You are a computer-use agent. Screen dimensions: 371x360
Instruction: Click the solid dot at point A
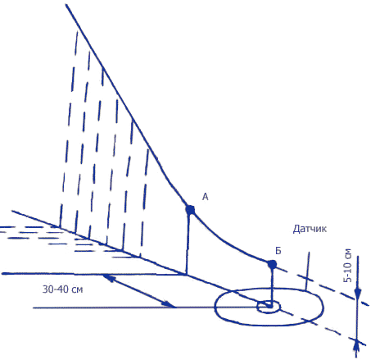pos(190,210)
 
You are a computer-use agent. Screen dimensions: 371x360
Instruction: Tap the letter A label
pos(206,197)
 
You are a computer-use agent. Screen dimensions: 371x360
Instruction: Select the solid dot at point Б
pos(272,264)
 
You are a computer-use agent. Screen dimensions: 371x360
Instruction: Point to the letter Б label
pos(278,251)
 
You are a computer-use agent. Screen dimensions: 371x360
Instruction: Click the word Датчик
pos(310,229)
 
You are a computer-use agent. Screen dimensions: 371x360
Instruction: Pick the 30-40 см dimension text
pos(62,289)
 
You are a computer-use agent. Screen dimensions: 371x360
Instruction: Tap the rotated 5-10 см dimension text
pos(347,266)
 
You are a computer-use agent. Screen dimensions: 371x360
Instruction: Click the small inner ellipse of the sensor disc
pos(269,307)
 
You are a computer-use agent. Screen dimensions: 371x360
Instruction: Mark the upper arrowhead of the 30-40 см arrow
pos(108,278)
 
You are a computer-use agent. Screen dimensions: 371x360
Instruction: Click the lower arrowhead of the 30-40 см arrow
pos(170,304)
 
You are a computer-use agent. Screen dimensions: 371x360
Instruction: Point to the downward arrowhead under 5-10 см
pos(357,294)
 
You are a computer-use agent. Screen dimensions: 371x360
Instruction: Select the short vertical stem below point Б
pos(272,285)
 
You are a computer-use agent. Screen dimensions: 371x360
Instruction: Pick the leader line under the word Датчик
pos(308,271)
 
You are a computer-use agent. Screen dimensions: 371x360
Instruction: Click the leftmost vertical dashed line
pos(68,129)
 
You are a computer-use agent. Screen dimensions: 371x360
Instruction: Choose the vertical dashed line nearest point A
pos(145,203)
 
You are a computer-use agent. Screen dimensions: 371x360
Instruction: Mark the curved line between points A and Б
pos(228,244)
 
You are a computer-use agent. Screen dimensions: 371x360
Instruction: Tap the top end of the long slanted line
pos(66,4)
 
